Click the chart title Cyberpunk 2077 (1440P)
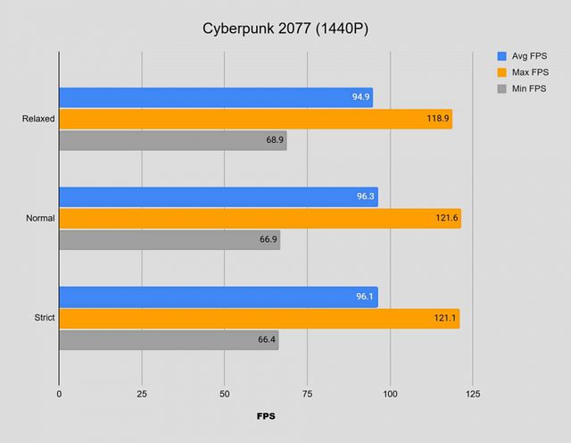coord(285,29)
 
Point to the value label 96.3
coord(362,197)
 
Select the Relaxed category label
coord(38,118)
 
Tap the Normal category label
coord(40,218)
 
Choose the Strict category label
coord(44,318)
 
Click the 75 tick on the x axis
coord(307,393)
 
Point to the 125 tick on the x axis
coord(472,393)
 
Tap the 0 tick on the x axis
coord(59,393)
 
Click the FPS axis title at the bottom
coord(266,416)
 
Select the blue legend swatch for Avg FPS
coord(501,55)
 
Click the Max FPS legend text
coord(530,72)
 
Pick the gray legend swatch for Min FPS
coord(501,88)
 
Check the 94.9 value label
coord(360,97)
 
